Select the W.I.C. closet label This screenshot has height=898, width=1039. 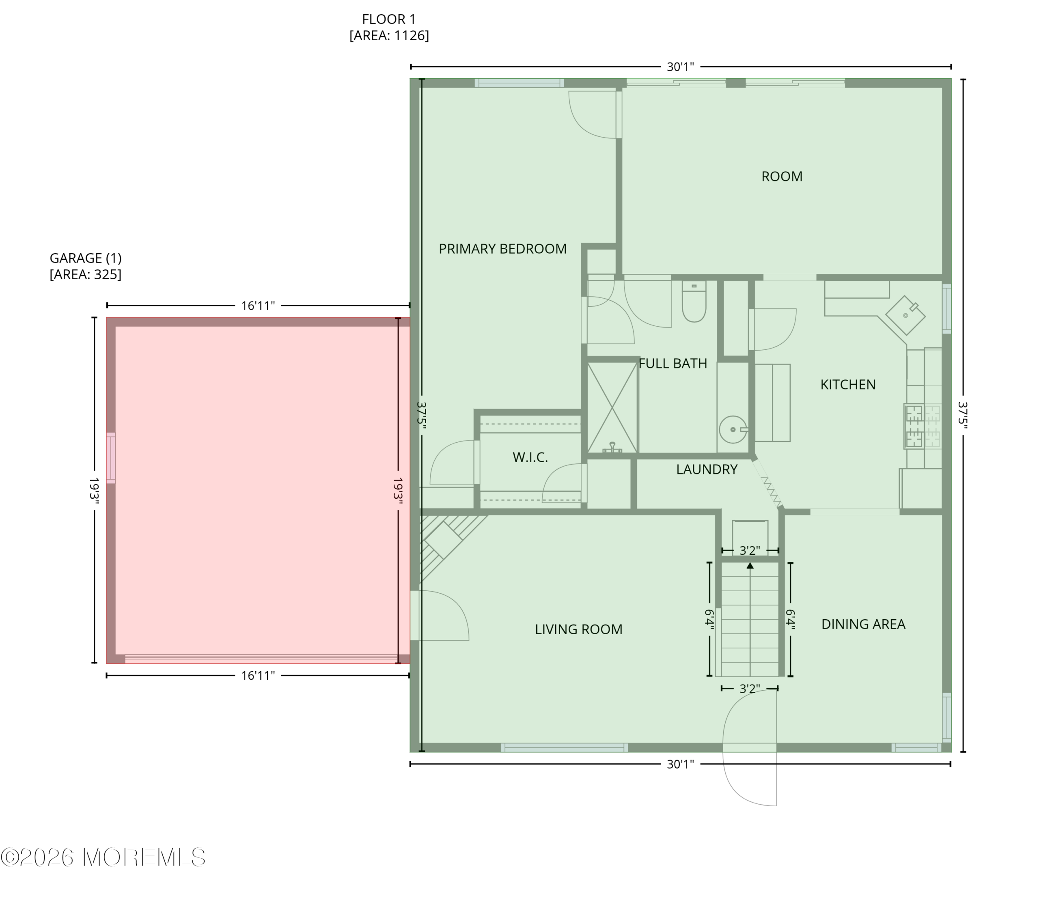click(x=530, y=457)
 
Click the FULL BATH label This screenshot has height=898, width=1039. click(x=673, y=364)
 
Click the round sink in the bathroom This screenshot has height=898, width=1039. click(x=734, y=430)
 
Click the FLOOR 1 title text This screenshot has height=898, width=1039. click(x=389, y=19)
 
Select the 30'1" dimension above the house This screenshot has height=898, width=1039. click(x=681, y=67)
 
